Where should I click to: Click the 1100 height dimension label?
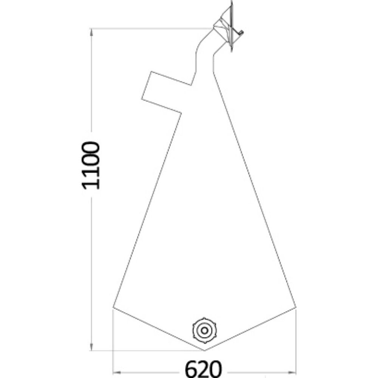pyautogui.click(x=91, y=166)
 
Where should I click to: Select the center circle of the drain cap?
pyautogui.click(x=204, y=330)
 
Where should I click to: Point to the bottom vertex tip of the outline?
pyautogui.click(x=204, y=350)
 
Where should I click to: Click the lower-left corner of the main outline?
pyautogui.click(x=113, y=307)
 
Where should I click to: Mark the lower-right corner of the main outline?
pyautogui.click(x=296, y=307)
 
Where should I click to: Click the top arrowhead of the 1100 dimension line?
pyautogui.click(x=91, y=32)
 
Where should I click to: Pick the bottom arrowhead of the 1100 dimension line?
pyautogui.click(x=91, y=347)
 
